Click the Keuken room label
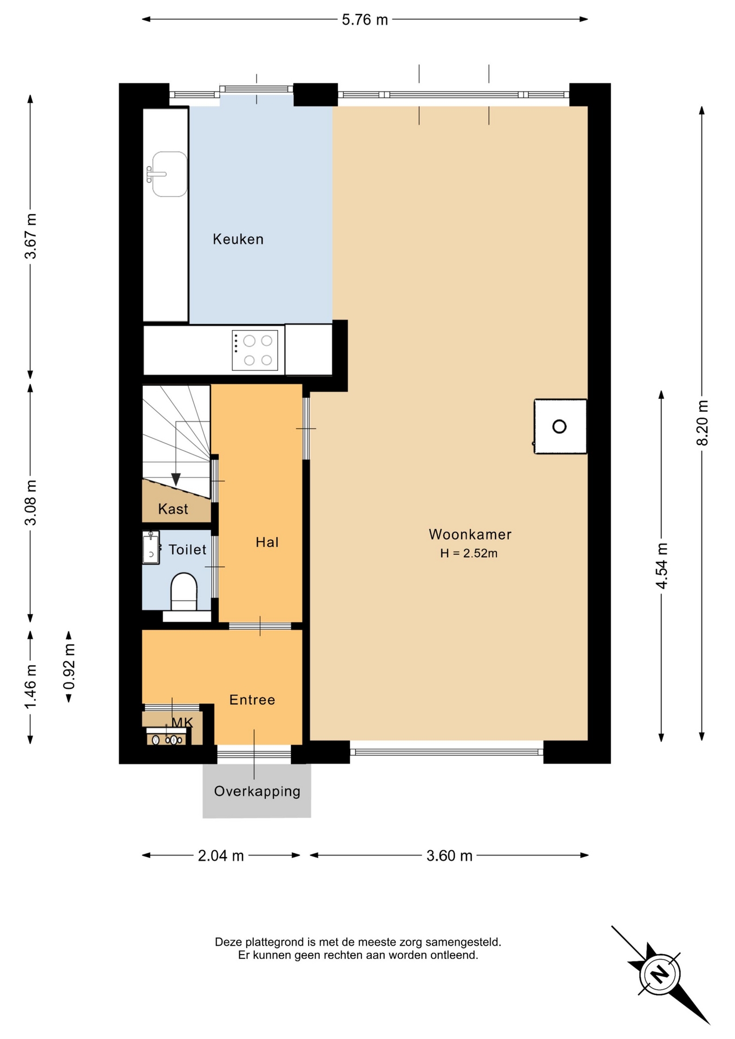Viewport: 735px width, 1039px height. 238,239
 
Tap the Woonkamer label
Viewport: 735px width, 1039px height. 470,535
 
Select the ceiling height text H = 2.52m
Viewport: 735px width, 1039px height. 469,553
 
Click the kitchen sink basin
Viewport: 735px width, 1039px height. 169,174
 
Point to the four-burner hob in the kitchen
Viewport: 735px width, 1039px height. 255,351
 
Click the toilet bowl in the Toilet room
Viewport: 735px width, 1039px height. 184,592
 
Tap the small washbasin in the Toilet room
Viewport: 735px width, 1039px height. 151,548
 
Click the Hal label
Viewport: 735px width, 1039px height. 267,542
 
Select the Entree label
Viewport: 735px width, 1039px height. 252,700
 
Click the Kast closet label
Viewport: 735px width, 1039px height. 173,509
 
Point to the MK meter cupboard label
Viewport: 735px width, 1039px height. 182,722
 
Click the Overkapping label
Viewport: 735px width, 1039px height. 257,791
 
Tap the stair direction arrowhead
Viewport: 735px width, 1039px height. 176,479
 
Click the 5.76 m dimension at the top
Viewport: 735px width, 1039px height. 365,20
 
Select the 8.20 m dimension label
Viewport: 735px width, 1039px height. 702,423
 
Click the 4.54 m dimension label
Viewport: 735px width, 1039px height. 661,565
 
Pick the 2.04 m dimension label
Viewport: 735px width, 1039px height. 221,856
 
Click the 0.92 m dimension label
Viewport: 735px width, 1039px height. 69,667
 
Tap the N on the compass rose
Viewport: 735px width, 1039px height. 660,975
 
